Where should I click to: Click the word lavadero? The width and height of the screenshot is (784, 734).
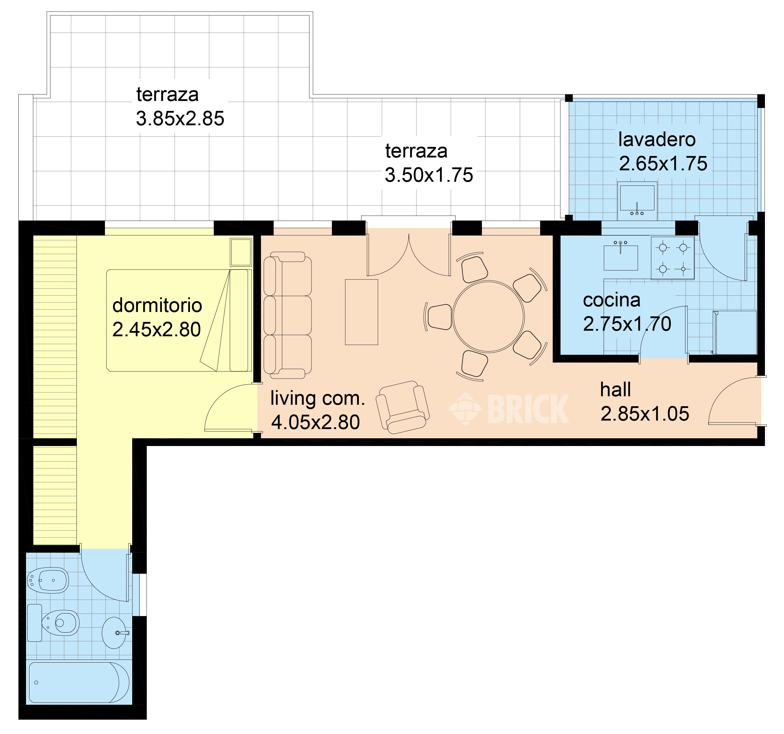657,140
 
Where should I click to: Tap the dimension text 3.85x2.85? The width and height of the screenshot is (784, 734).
180,119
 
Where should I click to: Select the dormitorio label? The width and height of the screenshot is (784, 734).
157,306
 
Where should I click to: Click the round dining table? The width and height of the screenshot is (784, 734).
488,316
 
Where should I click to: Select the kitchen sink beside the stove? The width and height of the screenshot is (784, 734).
621,257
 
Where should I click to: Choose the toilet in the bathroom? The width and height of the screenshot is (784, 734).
55,623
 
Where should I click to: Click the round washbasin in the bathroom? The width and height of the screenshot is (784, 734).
114,632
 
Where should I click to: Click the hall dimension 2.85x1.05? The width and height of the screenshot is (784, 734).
645,414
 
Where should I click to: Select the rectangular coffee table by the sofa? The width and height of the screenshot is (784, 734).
361,312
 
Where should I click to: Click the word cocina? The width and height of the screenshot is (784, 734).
611,300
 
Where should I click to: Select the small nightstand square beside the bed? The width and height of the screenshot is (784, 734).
241,252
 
